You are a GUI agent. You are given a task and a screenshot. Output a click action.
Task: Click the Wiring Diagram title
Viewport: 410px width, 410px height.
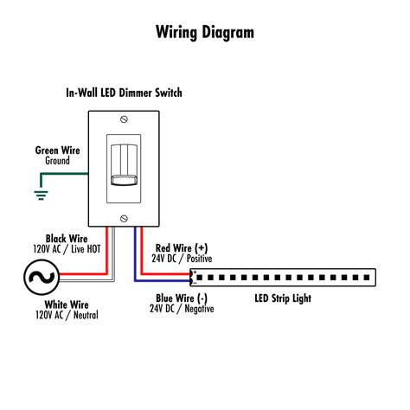(x=205, y=33)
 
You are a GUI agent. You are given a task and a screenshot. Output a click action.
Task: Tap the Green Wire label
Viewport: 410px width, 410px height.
(x=58, y=150)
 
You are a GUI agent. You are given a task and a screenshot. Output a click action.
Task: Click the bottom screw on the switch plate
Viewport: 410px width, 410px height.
(x=125, y=217)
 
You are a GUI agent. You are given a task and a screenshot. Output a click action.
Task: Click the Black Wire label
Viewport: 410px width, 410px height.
(x=67, y=237)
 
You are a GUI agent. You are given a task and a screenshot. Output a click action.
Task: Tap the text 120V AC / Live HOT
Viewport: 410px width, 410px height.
(x=67, y=248)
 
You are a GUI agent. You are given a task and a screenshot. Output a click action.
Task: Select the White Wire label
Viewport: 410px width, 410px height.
(x=67, y=304)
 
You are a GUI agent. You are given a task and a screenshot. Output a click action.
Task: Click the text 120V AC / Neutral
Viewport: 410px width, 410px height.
(x=67, y=316)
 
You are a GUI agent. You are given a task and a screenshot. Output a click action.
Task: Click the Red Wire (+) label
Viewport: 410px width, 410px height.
(x=181, y=247)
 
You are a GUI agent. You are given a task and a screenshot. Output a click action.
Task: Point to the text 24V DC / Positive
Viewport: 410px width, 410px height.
(x=181, y=258)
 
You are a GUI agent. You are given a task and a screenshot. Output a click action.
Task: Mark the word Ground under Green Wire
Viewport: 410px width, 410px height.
(x=58, y=161)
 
